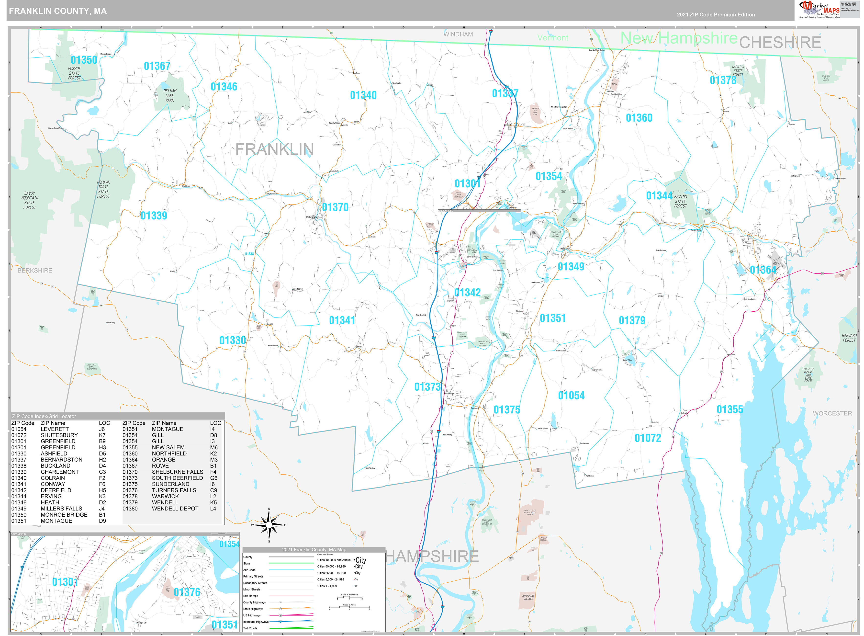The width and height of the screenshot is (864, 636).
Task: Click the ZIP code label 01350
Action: tap(84, 60)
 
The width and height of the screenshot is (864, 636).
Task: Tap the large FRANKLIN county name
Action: tap(274, 149)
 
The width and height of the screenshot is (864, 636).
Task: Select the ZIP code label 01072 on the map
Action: tap(648, 438)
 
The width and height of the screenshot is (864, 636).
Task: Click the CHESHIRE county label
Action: tap(780, 42)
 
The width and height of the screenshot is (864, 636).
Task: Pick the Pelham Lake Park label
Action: tap(170, 95)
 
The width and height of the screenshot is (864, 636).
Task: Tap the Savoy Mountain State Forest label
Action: tap(30, 200)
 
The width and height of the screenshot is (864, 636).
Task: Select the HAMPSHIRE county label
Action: tap(432, 556)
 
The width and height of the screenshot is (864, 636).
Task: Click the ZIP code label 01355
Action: tap(730, 410)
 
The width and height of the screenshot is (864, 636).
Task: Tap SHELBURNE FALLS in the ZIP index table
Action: tap(177, 472)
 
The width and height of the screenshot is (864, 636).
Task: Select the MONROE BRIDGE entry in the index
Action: tap(64, 515)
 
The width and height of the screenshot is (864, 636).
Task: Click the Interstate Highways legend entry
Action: tap(256, 622)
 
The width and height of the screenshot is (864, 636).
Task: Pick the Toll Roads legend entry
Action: tap(250, 628)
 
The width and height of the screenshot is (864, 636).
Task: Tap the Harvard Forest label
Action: tap(849, 338)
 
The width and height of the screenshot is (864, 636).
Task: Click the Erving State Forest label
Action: tap(680, 201)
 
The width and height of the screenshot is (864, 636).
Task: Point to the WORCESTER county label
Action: tap(832, 413)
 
